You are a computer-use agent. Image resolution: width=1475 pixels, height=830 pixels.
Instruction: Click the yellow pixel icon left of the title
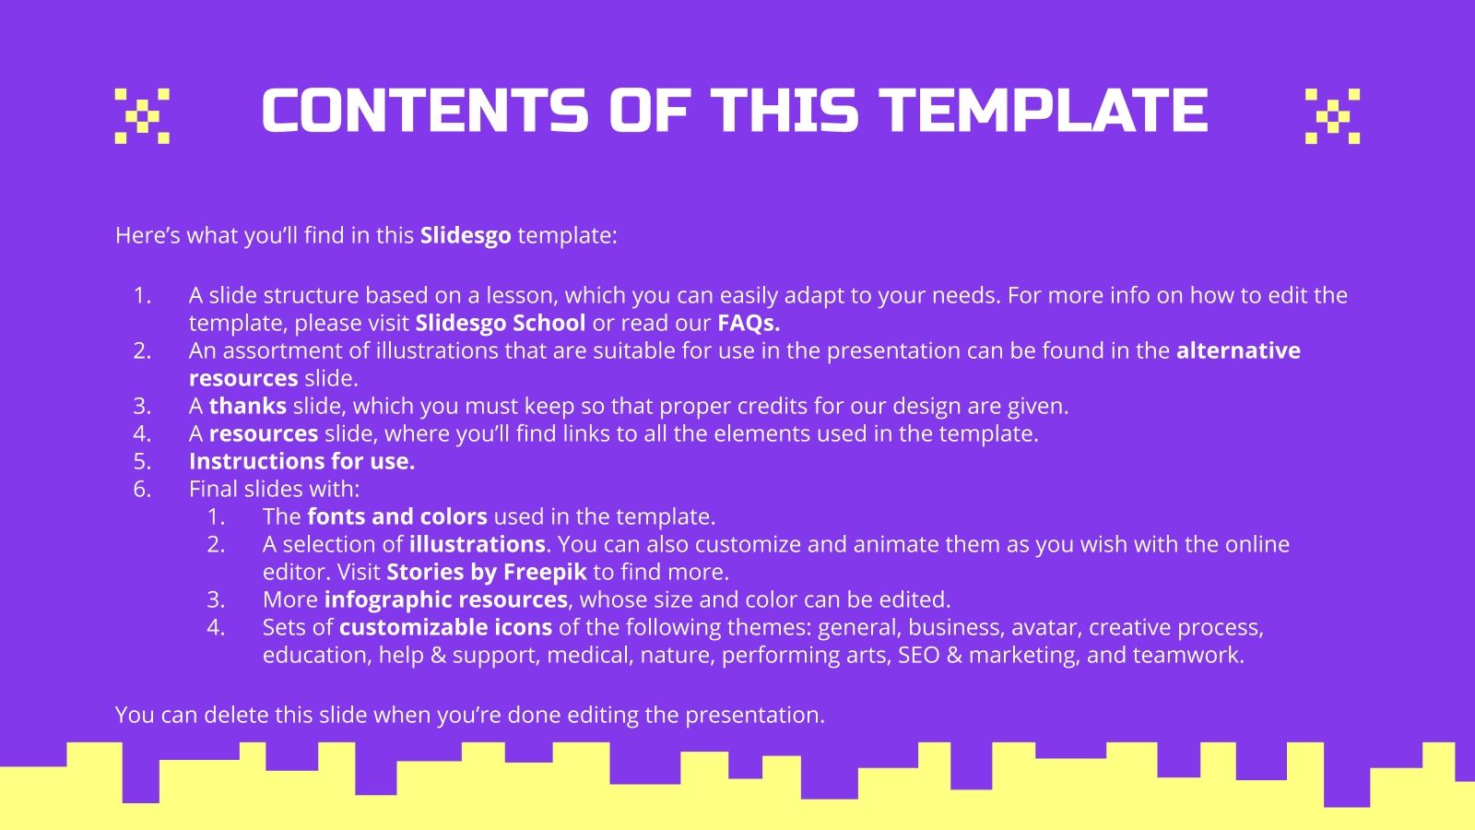point(142,116)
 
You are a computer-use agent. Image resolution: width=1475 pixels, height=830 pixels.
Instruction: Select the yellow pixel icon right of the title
point(1332,116)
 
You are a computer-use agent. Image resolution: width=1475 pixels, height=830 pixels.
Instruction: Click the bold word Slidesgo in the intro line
point(466,235)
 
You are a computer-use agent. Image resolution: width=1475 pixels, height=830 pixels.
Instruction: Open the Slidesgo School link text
point(501,323)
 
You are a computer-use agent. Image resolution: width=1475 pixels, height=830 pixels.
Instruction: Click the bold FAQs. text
point(749,323)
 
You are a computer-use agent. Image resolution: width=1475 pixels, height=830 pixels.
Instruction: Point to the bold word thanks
point(248,406)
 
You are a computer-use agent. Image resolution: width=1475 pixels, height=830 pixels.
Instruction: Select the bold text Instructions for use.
point(301,461)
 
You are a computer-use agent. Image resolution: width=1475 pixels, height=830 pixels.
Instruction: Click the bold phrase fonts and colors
point(397,516)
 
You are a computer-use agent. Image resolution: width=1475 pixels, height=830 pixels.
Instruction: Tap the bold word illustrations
point(478,544)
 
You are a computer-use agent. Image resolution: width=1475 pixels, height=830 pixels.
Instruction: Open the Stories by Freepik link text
point(487,572)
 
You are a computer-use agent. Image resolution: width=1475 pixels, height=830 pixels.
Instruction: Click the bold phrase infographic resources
point(446,599)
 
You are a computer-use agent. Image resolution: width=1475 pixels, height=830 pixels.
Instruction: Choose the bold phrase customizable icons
point(445,627)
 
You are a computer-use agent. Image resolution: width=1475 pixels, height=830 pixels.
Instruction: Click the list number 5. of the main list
point(142,461)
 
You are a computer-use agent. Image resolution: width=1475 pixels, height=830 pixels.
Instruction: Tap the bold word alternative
point(1238,350)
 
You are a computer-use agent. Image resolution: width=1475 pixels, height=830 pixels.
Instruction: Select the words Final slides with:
point(274,489)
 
